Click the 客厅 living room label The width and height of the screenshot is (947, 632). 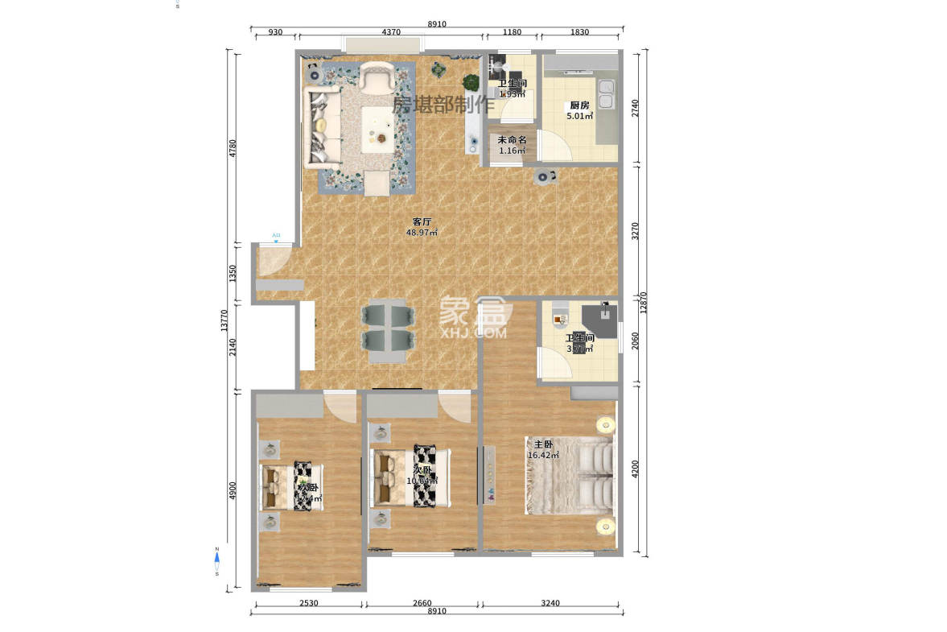(422, 221)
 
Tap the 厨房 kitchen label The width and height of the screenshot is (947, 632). (579, 105)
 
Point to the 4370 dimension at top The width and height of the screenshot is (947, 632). (390, 32)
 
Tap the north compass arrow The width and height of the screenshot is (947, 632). (216, 556)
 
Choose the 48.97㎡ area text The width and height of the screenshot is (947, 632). (422, 233)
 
